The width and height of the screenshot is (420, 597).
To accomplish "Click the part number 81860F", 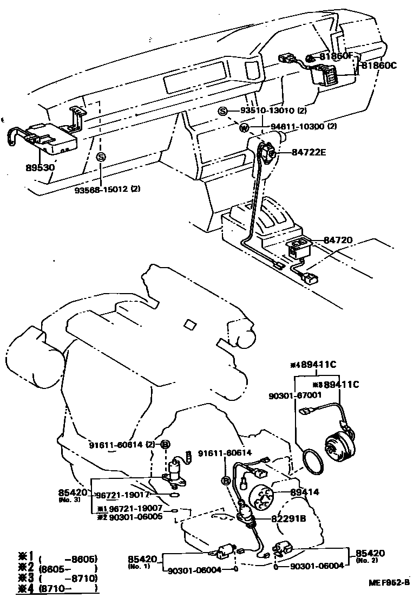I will [335, 56].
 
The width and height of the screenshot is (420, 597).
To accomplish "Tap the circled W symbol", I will [244, 128].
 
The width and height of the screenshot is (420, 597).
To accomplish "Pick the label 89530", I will [40, 167].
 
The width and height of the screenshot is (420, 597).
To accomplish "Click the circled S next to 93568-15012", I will [101, 157].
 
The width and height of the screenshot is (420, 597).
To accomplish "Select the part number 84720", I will [338, 239].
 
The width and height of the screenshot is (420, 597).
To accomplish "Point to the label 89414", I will [305, 492].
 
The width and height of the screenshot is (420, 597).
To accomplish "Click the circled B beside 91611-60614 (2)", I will [166, 444].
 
